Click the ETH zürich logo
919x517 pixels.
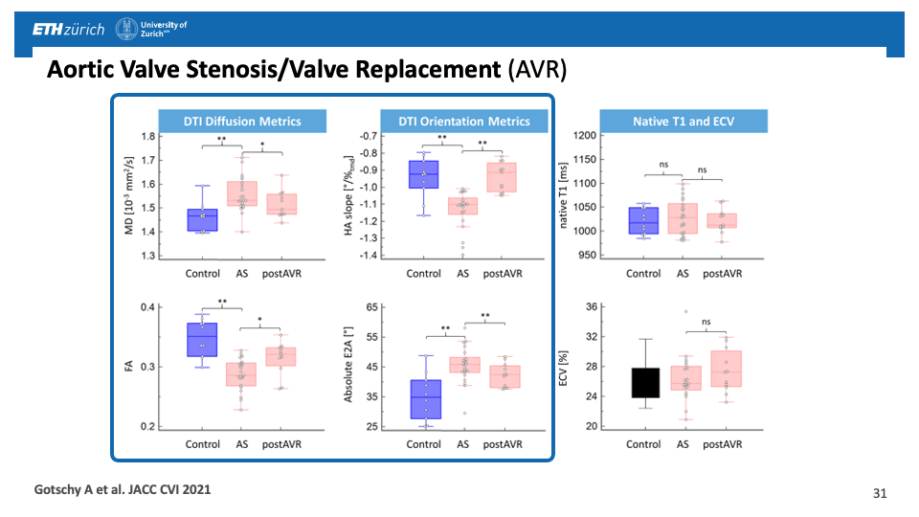pyautogui.click(x=68, y=30)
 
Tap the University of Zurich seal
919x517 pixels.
pyautogui.click(x=125, y=30)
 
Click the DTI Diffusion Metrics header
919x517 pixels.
pyautogui.click(x=242, y=122)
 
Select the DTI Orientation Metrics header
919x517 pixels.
pyautogui.click(x=464, y=122)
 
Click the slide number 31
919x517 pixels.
pyautogui.click(x=880, y=494)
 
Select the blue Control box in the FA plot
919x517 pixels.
pyautogui.click(x=202, y=340)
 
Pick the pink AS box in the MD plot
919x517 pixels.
pyautogui.click(x=241, y=193)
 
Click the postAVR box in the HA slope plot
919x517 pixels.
pyautogui.click(x=502, y=178)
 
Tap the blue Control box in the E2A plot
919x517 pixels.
pyautogui.click(x=424, y=399)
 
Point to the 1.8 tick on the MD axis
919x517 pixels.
pyautogui.click(x=148, y=136)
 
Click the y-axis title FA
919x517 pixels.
pyautogui.click(x=130, y=367)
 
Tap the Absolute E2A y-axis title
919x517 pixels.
pyautogui.click(x=350, y=365)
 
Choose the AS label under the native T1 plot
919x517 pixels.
pyautogui.click(x=683, y=273)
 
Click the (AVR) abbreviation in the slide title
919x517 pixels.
pyautogui.click(x=537, y=70)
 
